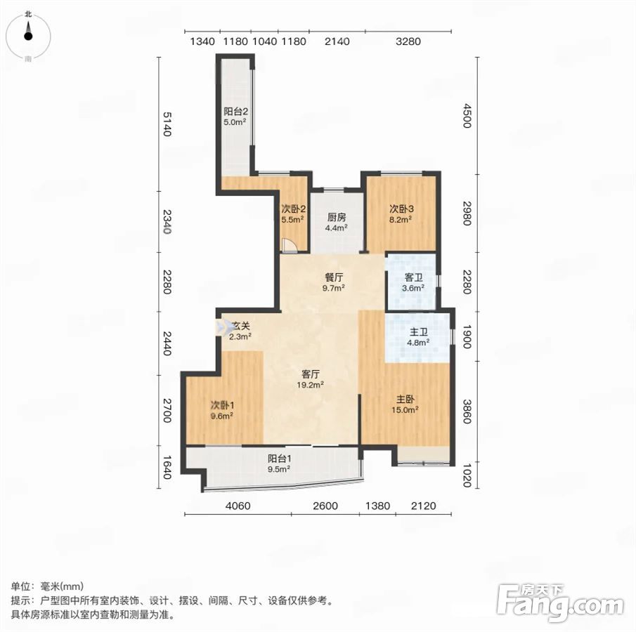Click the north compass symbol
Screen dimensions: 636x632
(x=28, y=36)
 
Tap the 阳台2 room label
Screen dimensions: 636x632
(x=235, y=112)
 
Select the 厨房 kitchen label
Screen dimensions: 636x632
(x=337, y=218)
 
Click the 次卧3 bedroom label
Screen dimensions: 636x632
(x=401, y=209)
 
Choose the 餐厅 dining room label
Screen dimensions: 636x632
(x=334, y=277)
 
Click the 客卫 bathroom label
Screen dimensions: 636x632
(x=414, y=277)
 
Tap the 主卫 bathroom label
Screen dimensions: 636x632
(x=419, y=332)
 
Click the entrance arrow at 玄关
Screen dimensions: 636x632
(x=222, y=327)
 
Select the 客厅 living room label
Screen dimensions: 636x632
(x=311, y=374)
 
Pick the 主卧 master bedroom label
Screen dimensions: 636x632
(x=405, y=400)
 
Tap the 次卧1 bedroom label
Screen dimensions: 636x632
(x=222, y=405)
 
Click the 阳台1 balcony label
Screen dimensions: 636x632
(x=280, y=459)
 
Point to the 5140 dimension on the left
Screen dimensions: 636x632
(x=167, y=124)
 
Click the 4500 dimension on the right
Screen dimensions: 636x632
(x=467, y=116)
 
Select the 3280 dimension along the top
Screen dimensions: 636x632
(x=408, y=41)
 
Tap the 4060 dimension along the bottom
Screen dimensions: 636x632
(x=238, y=506)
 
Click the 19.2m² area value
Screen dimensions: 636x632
(x=311, y=385)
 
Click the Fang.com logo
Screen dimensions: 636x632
(x=560, y=602)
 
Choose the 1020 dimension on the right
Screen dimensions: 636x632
(x=467, y=475)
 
